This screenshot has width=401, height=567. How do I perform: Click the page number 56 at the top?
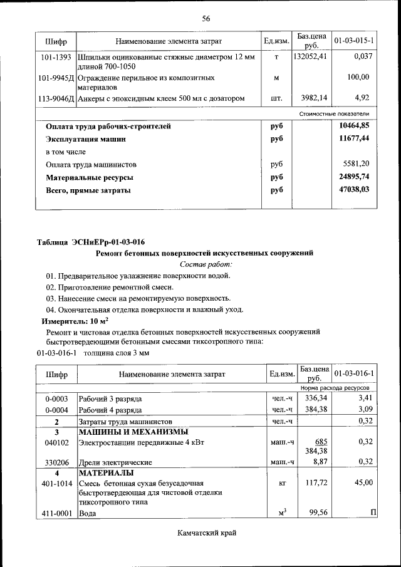click(206, 18)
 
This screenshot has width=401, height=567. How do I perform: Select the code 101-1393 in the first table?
click(56, 57)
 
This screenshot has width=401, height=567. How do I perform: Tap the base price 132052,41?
click(311, 57)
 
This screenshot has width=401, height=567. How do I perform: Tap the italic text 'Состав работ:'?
click(206, 264)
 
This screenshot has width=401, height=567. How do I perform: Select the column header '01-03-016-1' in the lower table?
click(354, 374)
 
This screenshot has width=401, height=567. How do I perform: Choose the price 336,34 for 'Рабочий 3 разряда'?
click(316, 398)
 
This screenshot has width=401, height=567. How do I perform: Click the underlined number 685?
click(321, 442)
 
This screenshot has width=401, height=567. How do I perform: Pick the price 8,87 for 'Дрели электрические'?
click(320, 462)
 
